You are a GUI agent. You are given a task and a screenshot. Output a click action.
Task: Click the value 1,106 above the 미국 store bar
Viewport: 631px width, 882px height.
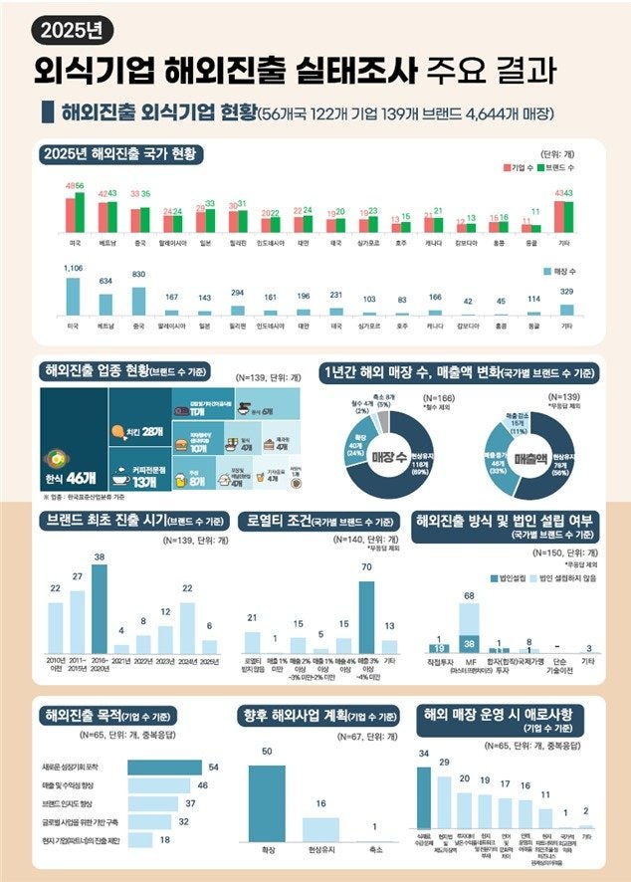(x=74, y=269)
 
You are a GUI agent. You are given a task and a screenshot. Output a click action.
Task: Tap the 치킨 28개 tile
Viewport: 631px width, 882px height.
(x=139, y=430)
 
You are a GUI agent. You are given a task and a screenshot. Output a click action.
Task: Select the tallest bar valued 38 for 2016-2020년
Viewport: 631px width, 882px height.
(x=99, y=606)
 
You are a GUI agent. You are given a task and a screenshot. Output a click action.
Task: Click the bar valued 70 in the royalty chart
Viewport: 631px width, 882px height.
(x=366, y=615)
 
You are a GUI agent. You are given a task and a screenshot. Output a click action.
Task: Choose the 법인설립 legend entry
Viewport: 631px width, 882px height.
(x=510, y=576)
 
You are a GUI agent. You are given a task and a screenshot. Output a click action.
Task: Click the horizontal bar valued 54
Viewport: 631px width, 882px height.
(x=165, y=767)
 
